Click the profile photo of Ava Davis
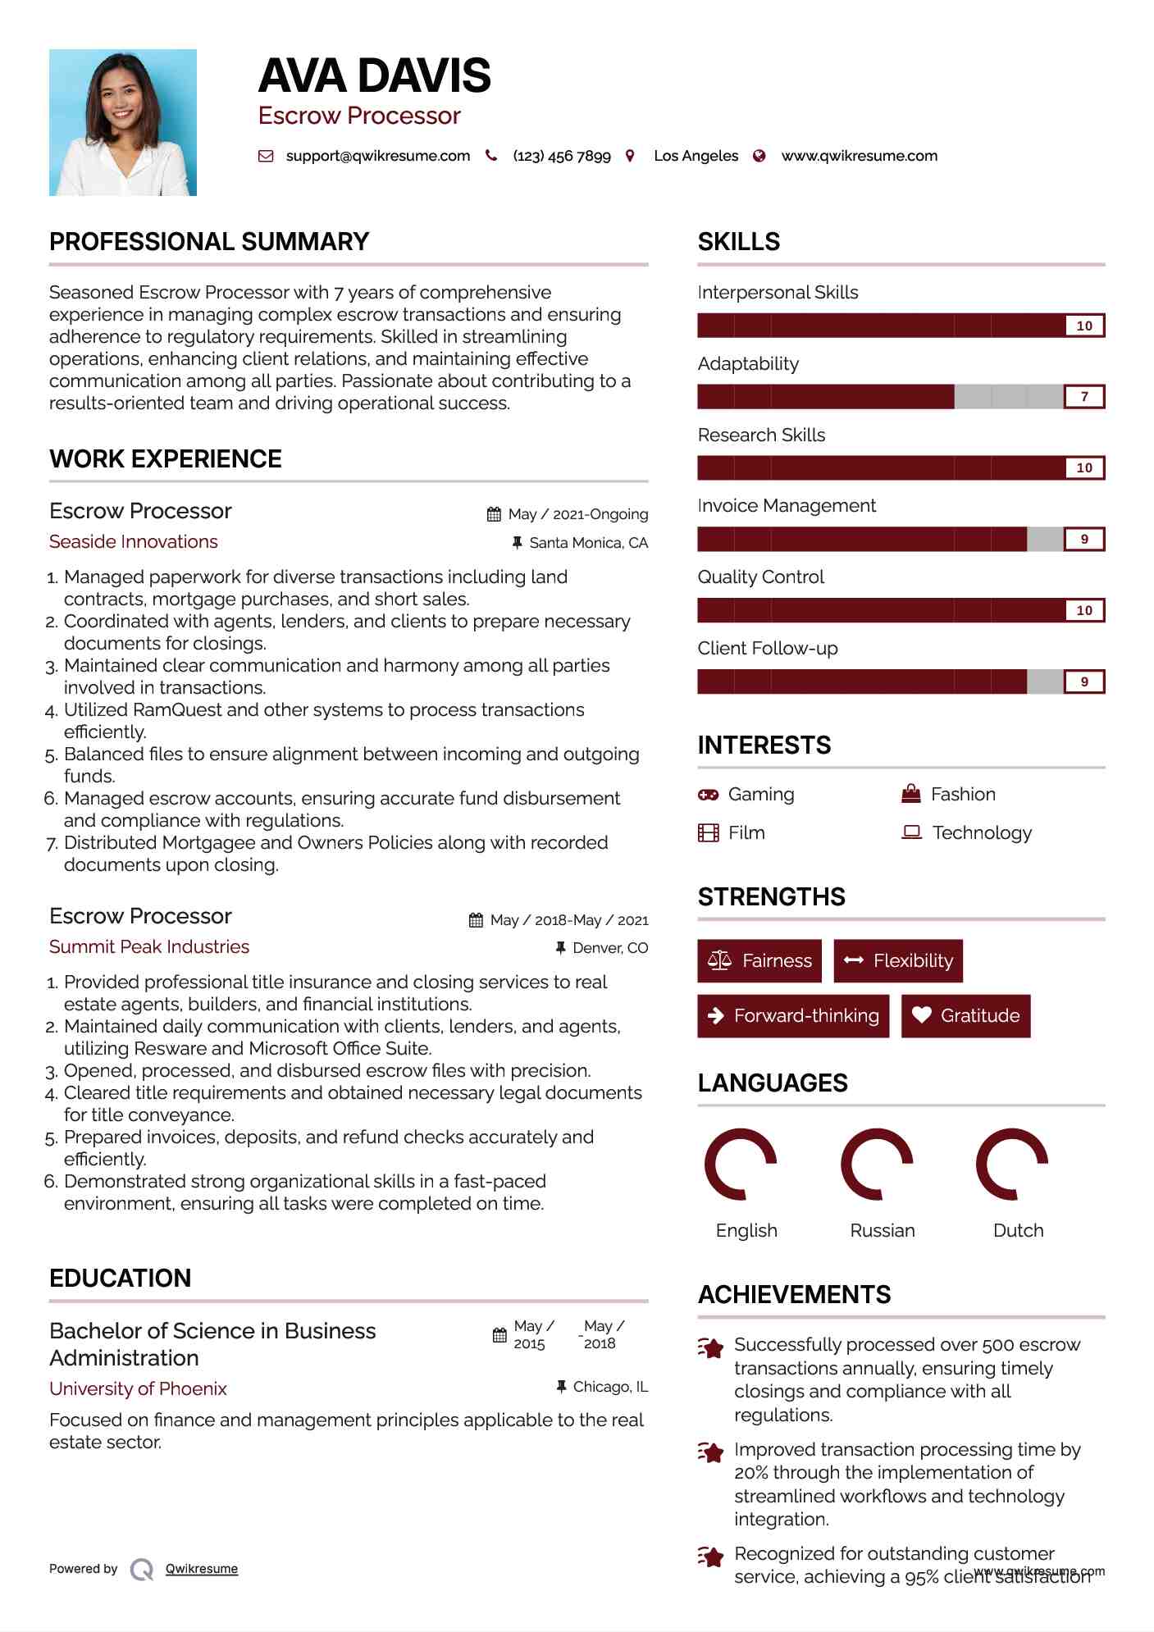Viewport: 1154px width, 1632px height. (x=123, y=122)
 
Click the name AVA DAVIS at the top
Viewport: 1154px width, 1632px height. (x=374, y=75)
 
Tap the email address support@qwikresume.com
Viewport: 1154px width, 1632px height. (x=377, y=156)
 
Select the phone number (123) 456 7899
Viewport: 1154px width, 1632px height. (x=561, y=156)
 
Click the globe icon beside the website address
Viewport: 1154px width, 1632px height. (x=759, y=156)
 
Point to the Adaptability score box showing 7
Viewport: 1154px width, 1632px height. (x=1083, y=397)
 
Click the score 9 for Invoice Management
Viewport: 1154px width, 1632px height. (x=1083, y=540)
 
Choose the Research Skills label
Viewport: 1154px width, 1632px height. (x=761, y=435)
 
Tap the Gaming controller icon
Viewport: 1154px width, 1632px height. (x=708, y=795)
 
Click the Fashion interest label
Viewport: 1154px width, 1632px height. (x=963, y=794)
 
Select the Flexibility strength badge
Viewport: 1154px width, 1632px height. (x=898, y=960)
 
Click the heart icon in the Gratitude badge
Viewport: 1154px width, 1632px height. (x=922, y=1015)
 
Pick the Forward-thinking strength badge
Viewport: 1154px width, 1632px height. (x=793, y=1015)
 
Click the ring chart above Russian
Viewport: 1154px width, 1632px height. (x=877, y=1164)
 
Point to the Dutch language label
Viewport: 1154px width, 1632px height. (x=1018, y=1230)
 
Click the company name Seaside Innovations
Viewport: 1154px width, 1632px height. (x=134, y=541)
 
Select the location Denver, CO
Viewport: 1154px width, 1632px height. (x=609, y=948)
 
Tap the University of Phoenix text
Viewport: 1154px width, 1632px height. (x=138, y=1388)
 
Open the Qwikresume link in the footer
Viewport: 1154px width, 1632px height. (x=202, y=1569)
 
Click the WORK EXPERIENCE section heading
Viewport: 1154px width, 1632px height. (x=166, y=458)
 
